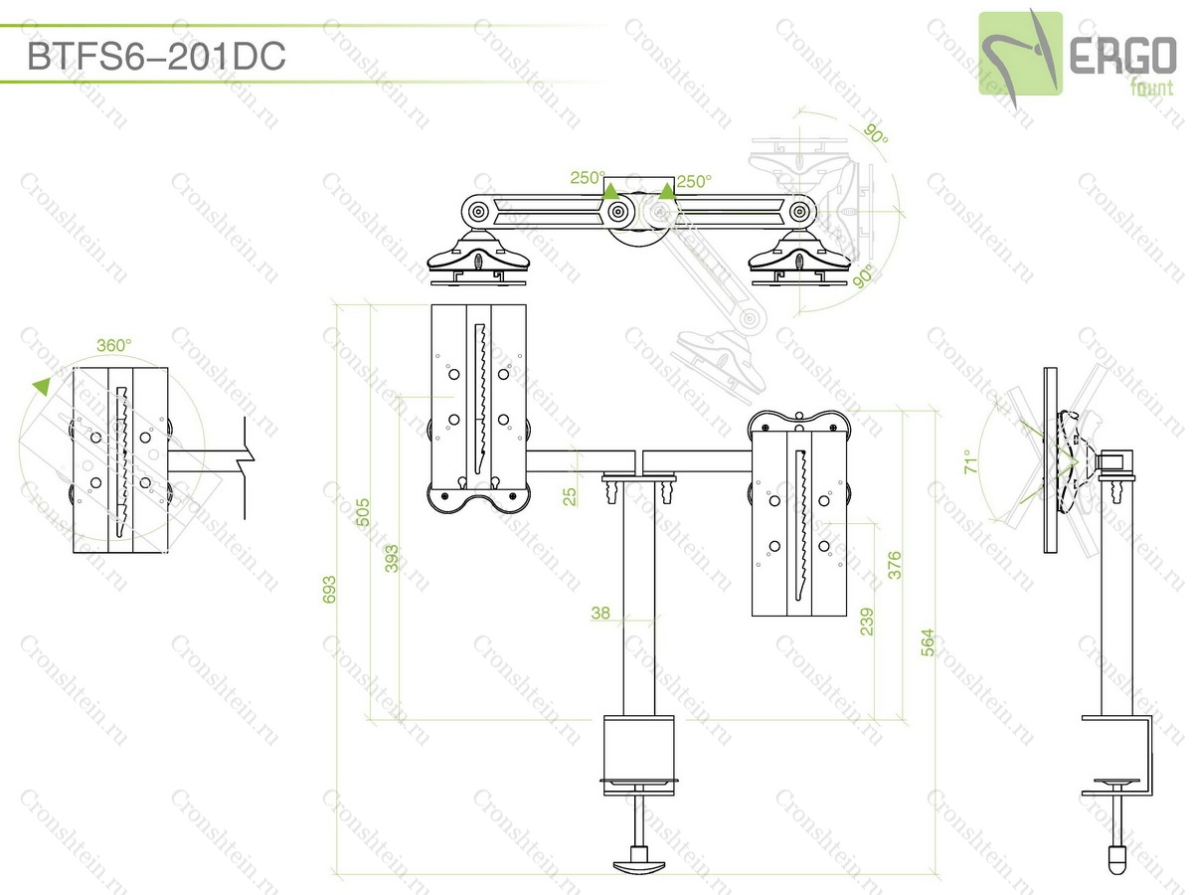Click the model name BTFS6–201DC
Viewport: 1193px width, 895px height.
point(156,56)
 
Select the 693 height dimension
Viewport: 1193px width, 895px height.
point(329,589)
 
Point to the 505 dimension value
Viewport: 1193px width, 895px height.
point(362,512)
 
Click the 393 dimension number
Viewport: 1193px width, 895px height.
point(392,558)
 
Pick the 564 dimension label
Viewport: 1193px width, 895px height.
point(928,642)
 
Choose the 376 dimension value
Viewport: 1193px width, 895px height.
point(894,565)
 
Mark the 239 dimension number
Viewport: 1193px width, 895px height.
point(866,622)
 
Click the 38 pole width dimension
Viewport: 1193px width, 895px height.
point(600,613)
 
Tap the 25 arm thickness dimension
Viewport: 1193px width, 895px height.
point(569,496)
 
